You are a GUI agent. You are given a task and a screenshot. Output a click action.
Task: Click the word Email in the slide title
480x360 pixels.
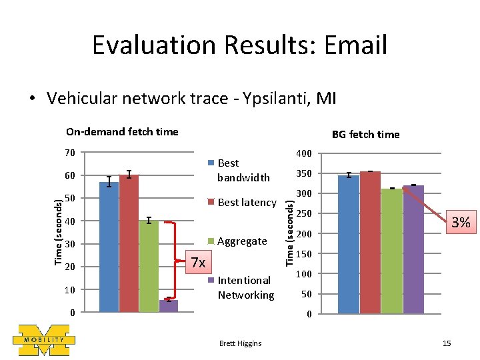(x=355, y=45)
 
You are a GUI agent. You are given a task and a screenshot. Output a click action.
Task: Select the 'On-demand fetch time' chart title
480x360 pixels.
(x=122, y=131)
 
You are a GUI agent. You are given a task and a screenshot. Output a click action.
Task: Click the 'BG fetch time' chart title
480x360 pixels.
(x=366, y=134)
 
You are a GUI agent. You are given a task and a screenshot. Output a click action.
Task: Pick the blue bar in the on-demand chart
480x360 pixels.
(x=109, y=247)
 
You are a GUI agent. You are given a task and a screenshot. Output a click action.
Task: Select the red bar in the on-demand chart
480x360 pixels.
(x=129, y=243)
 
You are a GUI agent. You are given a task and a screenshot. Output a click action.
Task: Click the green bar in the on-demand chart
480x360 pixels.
(x=149, y=266)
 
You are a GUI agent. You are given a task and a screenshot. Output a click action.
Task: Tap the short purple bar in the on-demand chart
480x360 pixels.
(x=169, y=306)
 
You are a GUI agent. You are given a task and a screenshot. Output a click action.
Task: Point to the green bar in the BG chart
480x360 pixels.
(x=392, y=251)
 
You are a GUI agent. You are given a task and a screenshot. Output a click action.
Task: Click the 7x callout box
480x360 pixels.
(x=198, y=262)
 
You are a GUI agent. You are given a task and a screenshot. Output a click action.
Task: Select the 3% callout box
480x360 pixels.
(x=461, y=222)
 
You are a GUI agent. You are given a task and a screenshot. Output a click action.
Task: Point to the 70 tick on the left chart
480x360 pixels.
(x=70, y=153)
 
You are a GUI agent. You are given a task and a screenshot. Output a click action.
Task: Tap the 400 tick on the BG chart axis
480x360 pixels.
(x=304, y=155)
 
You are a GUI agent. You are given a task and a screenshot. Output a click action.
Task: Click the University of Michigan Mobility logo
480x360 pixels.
(x=43, y=339)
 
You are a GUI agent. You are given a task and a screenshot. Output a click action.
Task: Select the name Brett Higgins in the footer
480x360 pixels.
(x=240, y=343)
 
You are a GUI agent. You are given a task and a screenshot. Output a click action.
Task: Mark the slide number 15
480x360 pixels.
(x=447, y=343)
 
